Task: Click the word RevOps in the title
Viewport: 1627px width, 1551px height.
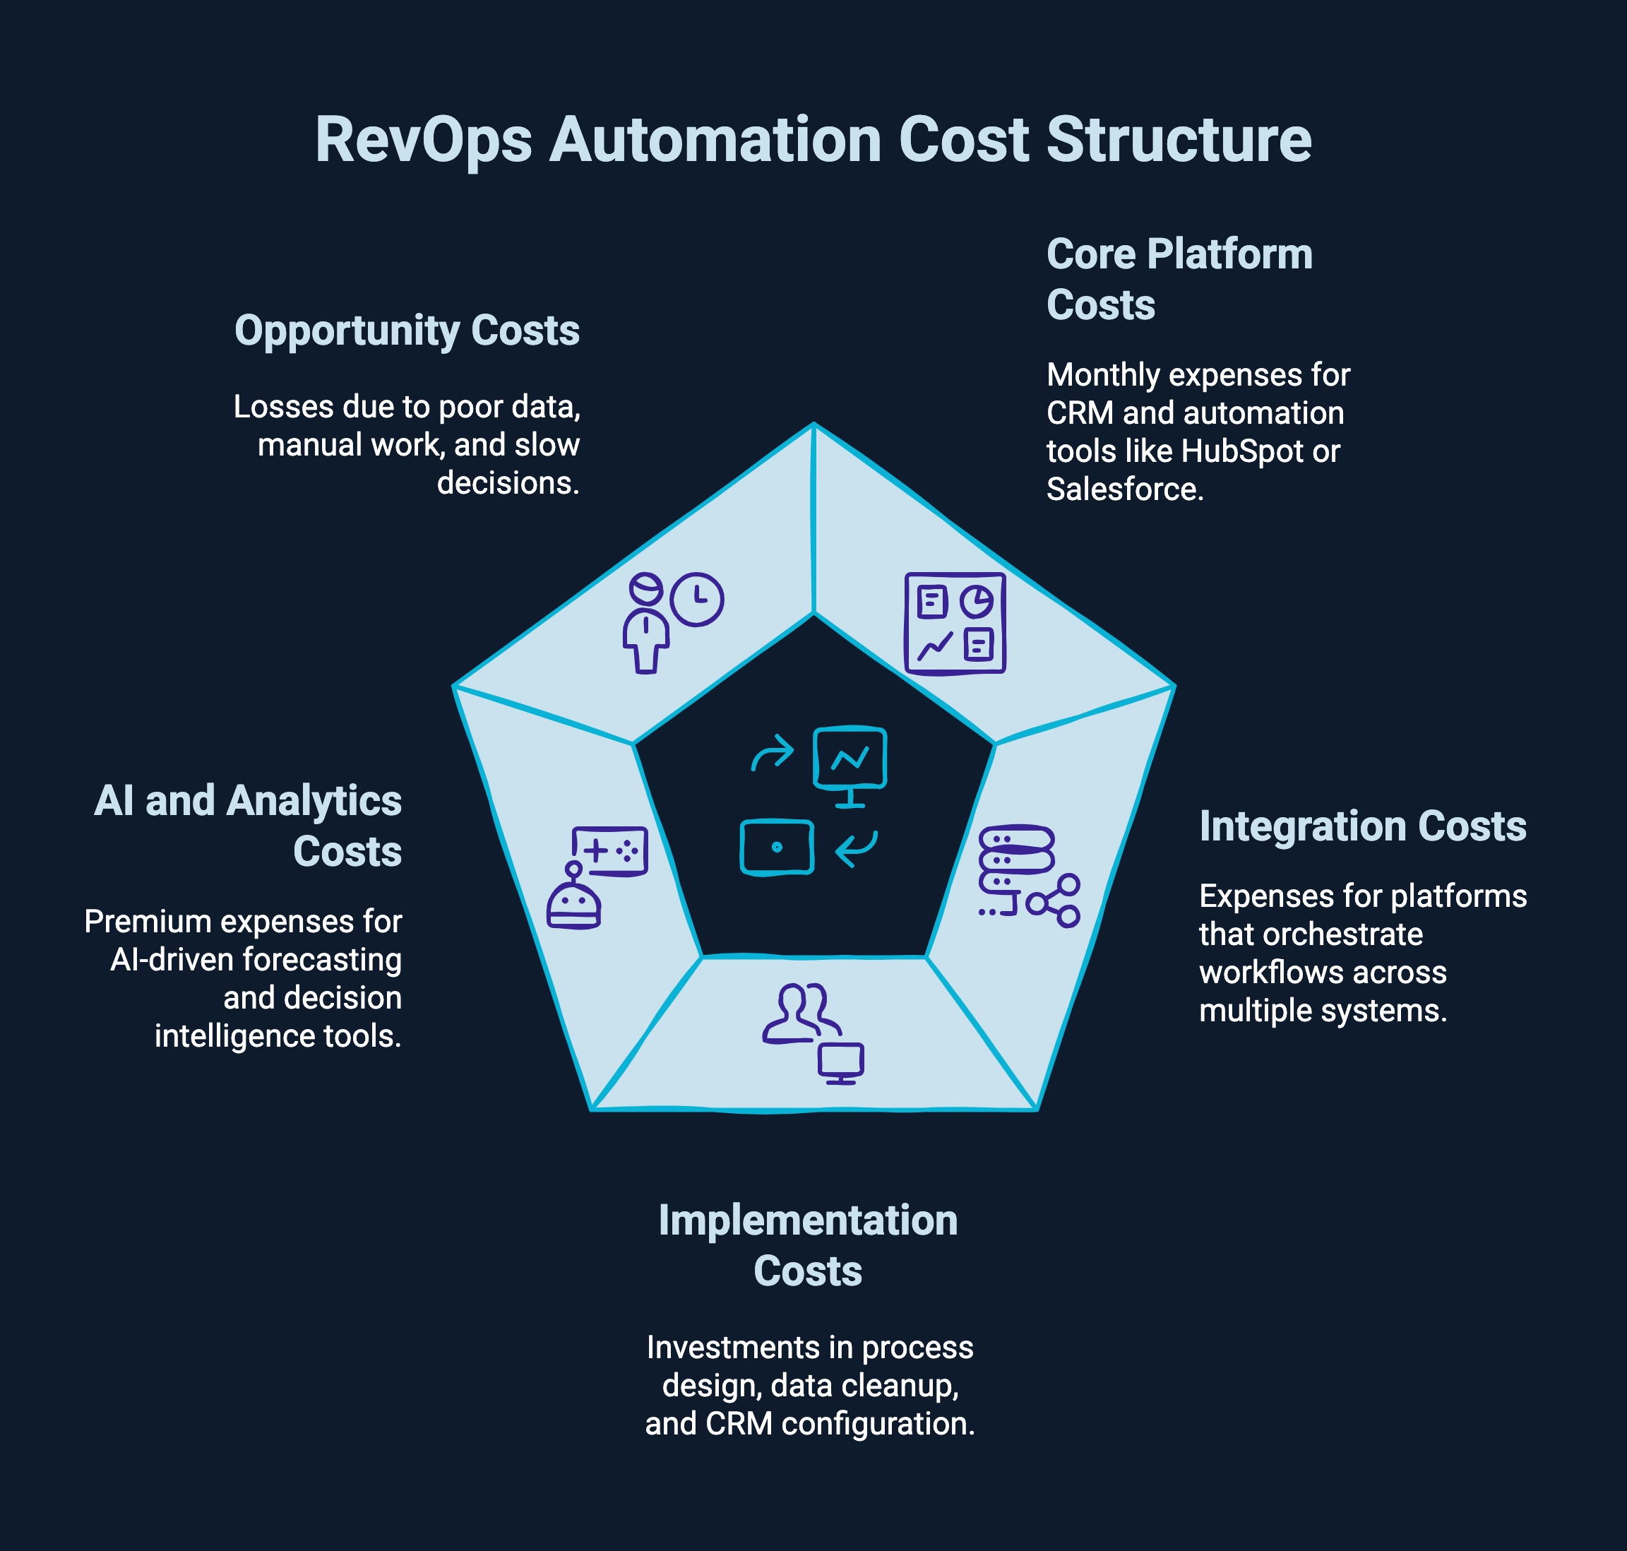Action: click(x=422, y=141)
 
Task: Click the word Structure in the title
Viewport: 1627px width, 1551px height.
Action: click(x=1178, y=141)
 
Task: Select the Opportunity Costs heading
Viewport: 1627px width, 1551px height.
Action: click(x=407, y=331)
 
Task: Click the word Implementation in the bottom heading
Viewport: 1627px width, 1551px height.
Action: click(x=808, y=1220)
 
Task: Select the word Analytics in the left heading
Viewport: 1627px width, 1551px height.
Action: click(x=314, y=801)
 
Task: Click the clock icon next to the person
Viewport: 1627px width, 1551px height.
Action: click(x=697, y=600)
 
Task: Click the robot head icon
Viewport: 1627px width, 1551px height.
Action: click(x=573, y=903)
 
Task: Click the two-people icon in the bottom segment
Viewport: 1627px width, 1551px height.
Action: click(x=799, y=1013)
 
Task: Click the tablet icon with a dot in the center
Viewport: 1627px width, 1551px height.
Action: click(x=776, y=848)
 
